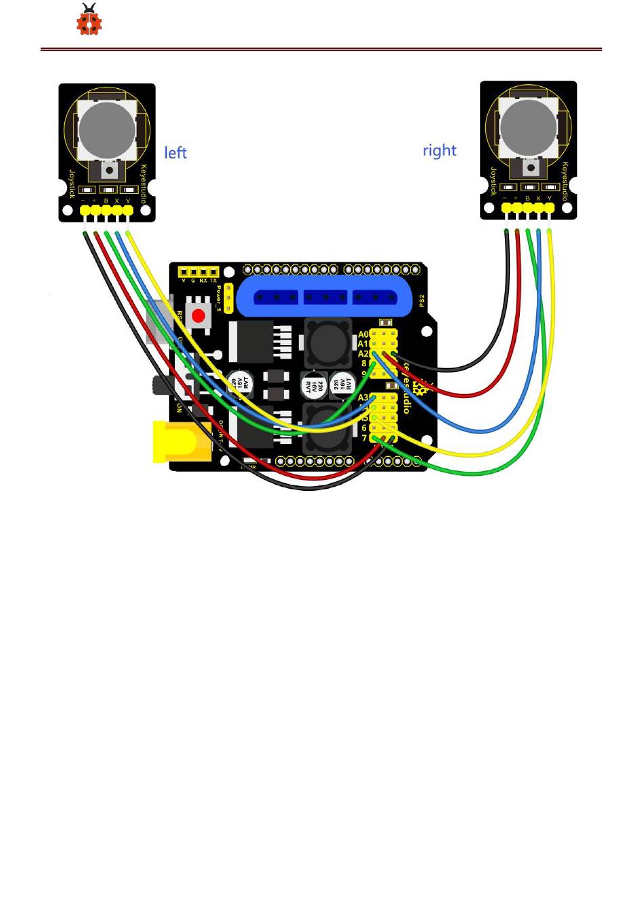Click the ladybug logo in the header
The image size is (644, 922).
89,20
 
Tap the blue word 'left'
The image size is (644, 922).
176,153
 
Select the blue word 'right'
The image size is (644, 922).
439,150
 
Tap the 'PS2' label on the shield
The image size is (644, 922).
421,301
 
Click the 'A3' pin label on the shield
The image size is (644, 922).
363,398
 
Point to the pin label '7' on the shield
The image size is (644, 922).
364,438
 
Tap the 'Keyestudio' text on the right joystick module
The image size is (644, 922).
564,173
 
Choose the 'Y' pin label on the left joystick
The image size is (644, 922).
127,201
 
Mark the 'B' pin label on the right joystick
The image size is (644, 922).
527,199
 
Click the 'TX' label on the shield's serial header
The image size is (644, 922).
214,281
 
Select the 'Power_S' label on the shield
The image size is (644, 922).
218,298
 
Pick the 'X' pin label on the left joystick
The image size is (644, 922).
117,201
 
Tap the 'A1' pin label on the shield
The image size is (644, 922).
363,344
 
